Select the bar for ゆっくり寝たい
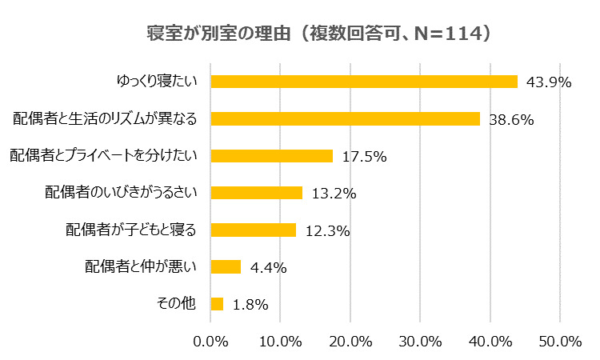tap(364, 81)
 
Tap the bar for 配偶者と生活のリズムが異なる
tap(345, 118)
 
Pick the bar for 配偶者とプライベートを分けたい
tap(271, 155)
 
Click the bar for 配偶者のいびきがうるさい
tap(257, 192)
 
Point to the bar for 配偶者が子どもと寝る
tap(254, 230)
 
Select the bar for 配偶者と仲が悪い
tap(226, 266)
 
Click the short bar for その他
tap(217, 303)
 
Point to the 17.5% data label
tap(364, 157)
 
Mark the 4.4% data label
tap(268, 268)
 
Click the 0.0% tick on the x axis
tap(211, 342)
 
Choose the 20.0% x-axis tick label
tap(350, 342)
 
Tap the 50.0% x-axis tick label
tap(560, 342)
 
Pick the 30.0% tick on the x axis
tap(420, 342)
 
